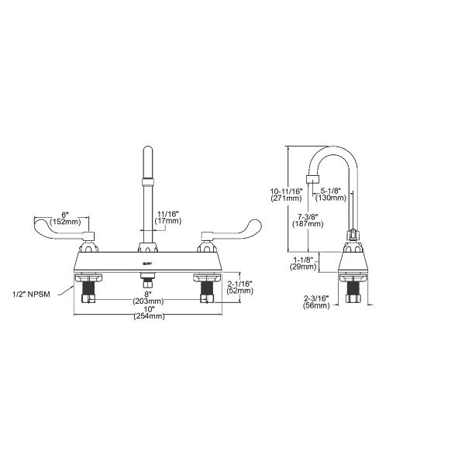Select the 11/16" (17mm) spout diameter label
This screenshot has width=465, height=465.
(168, 217)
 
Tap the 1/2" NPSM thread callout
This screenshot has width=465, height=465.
(33, 294)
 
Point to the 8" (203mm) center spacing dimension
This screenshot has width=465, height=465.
(148, 297)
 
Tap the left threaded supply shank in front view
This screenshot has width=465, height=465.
(86, 291)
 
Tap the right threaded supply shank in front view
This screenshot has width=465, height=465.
(207, 291)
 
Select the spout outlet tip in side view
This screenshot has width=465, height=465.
(312, 183)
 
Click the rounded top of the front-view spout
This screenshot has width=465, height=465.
(146, 151)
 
